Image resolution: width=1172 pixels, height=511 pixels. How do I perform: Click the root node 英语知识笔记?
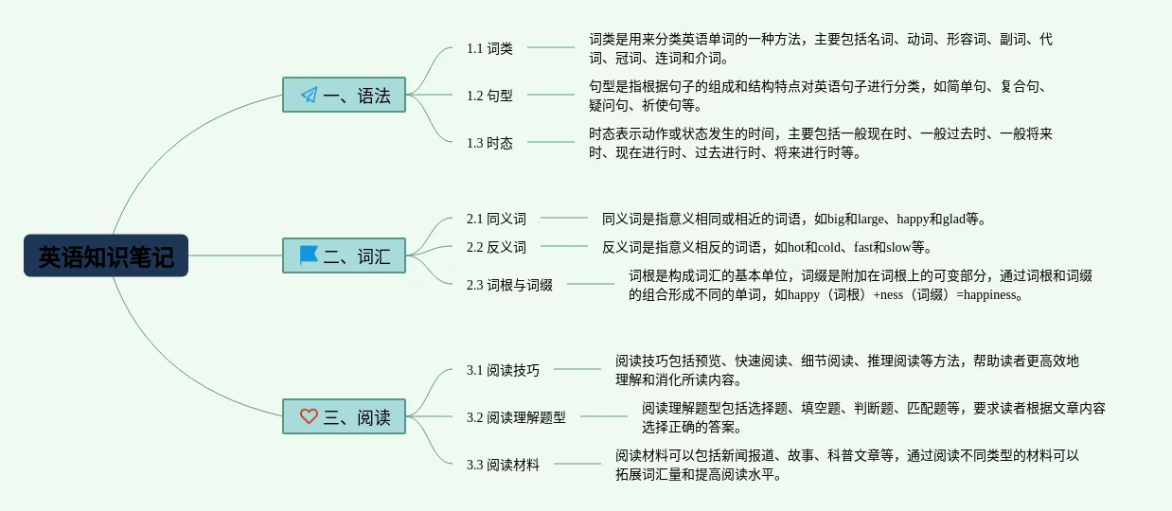106,255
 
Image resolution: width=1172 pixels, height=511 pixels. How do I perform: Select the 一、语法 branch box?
344,95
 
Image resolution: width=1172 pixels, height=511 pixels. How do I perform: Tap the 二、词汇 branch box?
344,255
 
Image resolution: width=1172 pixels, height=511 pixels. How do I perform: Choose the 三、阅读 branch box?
344,416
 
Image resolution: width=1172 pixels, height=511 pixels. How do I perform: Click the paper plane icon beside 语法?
309,95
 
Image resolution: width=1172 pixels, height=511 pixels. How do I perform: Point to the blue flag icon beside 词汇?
309,255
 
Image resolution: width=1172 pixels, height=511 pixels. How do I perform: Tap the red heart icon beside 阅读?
309,416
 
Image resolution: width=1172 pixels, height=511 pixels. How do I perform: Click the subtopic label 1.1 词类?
489,48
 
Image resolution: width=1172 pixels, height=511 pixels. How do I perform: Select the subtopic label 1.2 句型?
489,96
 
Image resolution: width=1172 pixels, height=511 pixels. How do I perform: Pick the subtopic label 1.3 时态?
489,143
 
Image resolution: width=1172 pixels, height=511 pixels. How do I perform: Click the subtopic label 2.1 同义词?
496,219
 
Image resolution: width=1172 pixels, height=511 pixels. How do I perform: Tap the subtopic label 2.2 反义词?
496,247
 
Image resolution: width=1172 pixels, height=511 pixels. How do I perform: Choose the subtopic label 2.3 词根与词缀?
509,285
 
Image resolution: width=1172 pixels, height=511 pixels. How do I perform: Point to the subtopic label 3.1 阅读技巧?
503,370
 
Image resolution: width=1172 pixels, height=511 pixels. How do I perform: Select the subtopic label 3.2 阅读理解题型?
516,417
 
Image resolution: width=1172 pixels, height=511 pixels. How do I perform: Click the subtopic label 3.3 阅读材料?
503,465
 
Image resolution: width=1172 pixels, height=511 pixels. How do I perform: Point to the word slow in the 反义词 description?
897,248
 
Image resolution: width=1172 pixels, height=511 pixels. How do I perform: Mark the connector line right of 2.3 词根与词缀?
591,284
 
